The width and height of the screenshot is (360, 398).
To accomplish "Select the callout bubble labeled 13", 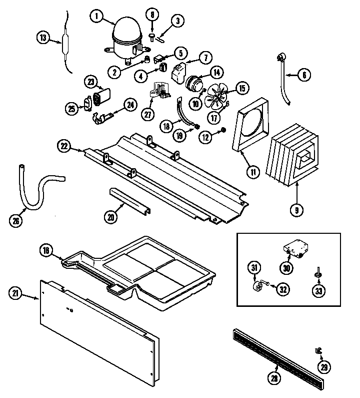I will point(43,37).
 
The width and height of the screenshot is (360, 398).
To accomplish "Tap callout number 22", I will point(63,146).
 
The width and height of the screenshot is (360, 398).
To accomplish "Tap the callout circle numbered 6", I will point(304,75).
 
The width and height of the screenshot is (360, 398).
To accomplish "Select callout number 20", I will point(111,217).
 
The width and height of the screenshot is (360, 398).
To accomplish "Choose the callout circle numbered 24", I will point(130,105).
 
